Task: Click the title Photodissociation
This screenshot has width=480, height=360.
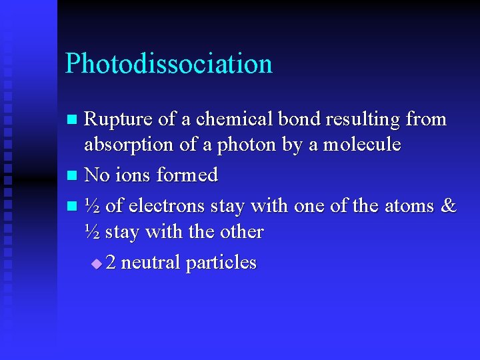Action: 169,64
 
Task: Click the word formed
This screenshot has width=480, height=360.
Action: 187,175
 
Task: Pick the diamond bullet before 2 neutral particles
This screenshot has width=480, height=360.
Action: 97,264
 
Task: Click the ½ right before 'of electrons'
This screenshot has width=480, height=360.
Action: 93,205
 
